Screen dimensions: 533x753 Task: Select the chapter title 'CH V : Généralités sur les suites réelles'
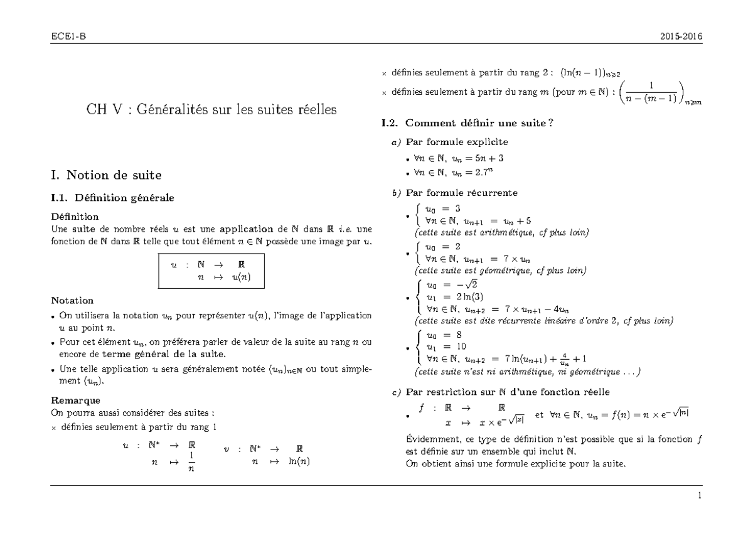point(211,110)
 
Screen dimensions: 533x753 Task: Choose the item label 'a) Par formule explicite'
point(449,142)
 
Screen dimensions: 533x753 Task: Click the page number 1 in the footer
point(699,495)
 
